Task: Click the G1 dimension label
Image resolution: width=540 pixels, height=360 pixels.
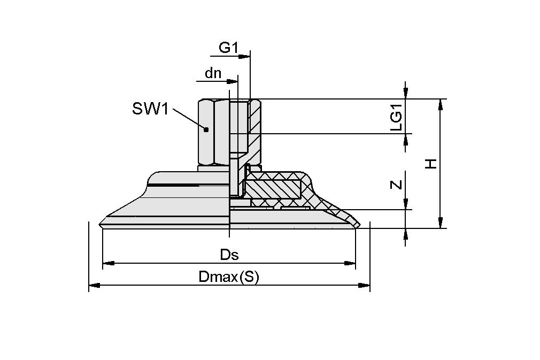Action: (x=228, y=48)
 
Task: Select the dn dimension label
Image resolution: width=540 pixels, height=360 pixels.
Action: (x=213, y=73)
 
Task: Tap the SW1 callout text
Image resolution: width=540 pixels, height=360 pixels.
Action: (x=150, y=110)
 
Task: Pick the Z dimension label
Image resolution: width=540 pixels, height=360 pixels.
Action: (x=396, y=185)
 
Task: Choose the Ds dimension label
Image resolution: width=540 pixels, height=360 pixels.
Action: (x=229, y=255)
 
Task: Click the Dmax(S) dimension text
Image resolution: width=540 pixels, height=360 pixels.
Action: (x=228, y=277)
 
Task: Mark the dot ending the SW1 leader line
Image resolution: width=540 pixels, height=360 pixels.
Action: (x=206, y=129)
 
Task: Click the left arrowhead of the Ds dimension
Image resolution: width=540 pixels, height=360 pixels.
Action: (x=107, y=263)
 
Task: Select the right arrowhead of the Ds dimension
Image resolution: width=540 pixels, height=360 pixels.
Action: (x=350, y=263)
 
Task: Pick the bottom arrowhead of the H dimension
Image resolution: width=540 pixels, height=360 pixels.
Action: (x=441, y=223)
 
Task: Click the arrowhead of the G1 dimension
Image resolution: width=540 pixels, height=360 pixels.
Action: (x=245, y=56)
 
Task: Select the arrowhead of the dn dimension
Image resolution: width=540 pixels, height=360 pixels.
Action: (x=233, y=81)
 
